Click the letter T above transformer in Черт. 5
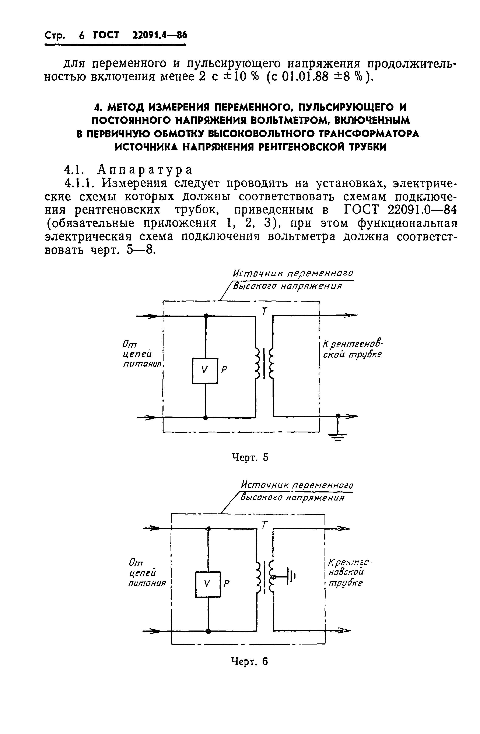(x=264, y=312)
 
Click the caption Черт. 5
(x=250, y=458)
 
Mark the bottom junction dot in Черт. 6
(x=209, y=631)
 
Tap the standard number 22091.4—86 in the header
(x=160, y=35)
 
